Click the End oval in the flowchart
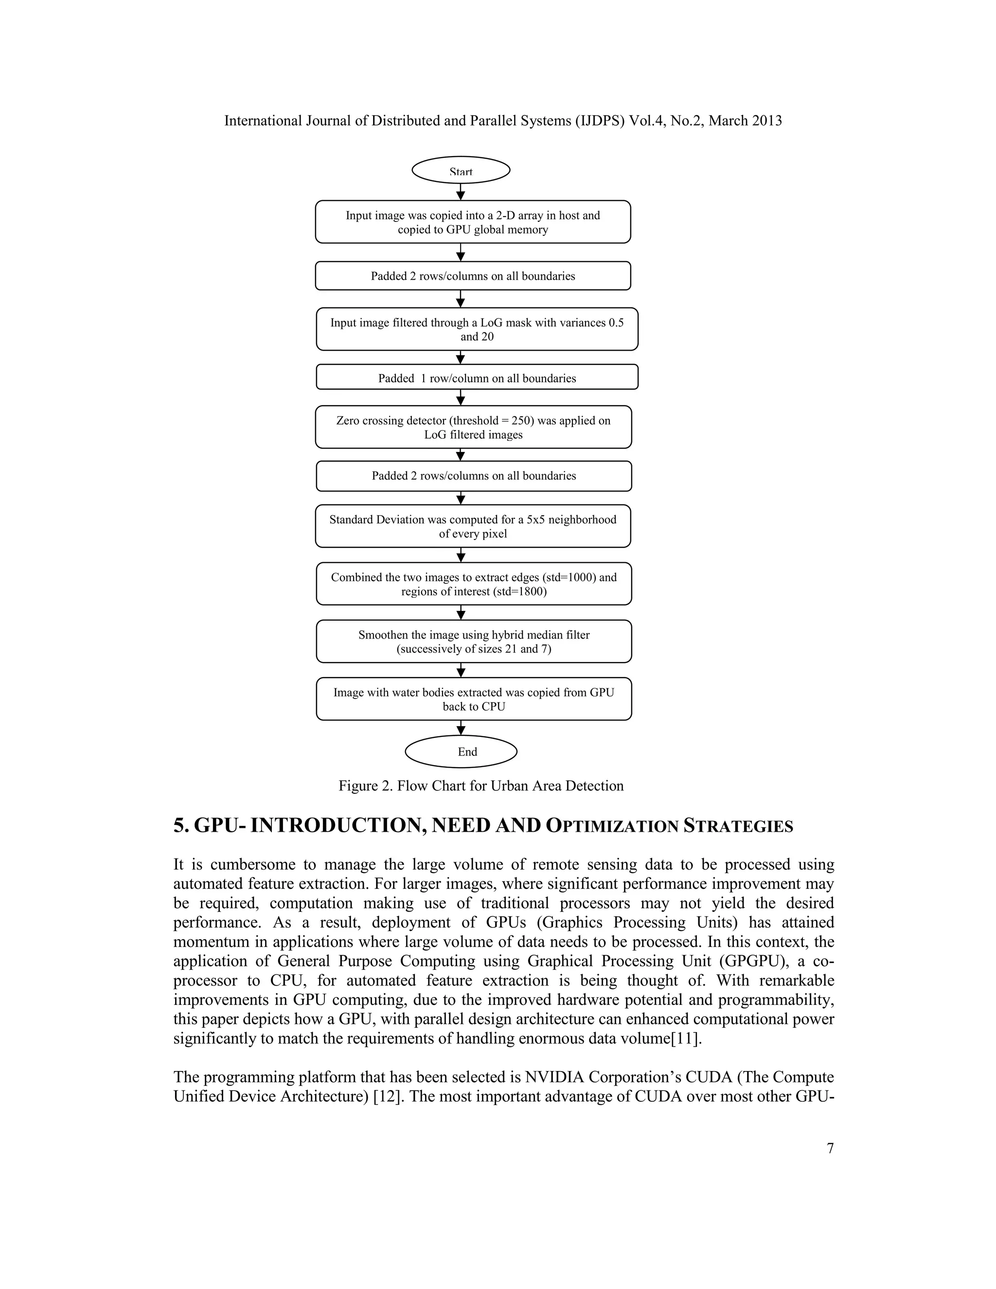pyautogui.click(x=461, y=752)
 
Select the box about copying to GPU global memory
pyautogui.click(x=473, y=222)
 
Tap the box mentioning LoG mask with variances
pyautogui.click(x=477, y=329)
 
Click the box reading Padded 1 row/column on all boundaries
pyautogui.click(x=477, y=378)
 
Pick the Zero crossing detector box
pyautogui.click(x=473, y=427)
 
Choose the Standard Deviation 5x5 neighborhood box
pyautogui.click(x=473, y=526)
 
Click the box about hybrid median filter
pyautogui.click(x=474, y=642)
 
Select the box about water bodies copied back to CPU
pyautogui.click(x=474, y=699)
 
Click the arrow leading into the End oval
pyautogui.click(x=461, y=728)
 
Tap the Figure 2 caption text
pyautogui.click(x=481, y=786)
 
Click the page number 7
pyautogui.click(x=830, y=1148)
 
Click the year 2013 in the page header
pyautogui.click(x=765, y=121)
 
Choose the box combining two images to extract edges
pyautogui.click(x=474, y=584)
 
